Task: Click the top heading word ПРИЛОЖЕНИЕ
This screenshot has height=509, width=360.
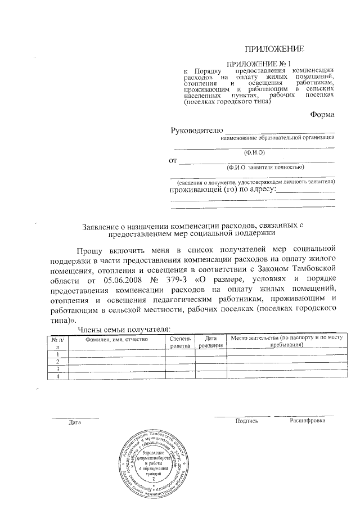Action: pos(279,49)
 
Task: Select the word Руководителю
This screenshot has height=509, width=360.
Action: pos(197,130)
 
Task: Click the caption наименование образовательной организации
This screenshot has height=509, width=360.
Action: pos(278,138)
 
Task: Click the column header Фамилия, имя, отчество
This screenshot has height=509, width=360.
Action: pos(116,339)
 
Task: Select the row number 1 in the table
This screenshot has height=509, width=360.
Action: pos(57,354)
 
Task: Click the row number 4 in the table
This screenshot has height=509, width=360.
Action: pos(57,376)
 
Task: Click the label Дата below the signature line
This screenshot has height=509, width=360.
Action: pos(74,422)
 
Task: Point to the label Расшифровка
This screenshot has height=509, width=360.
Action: pos(307,421)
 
